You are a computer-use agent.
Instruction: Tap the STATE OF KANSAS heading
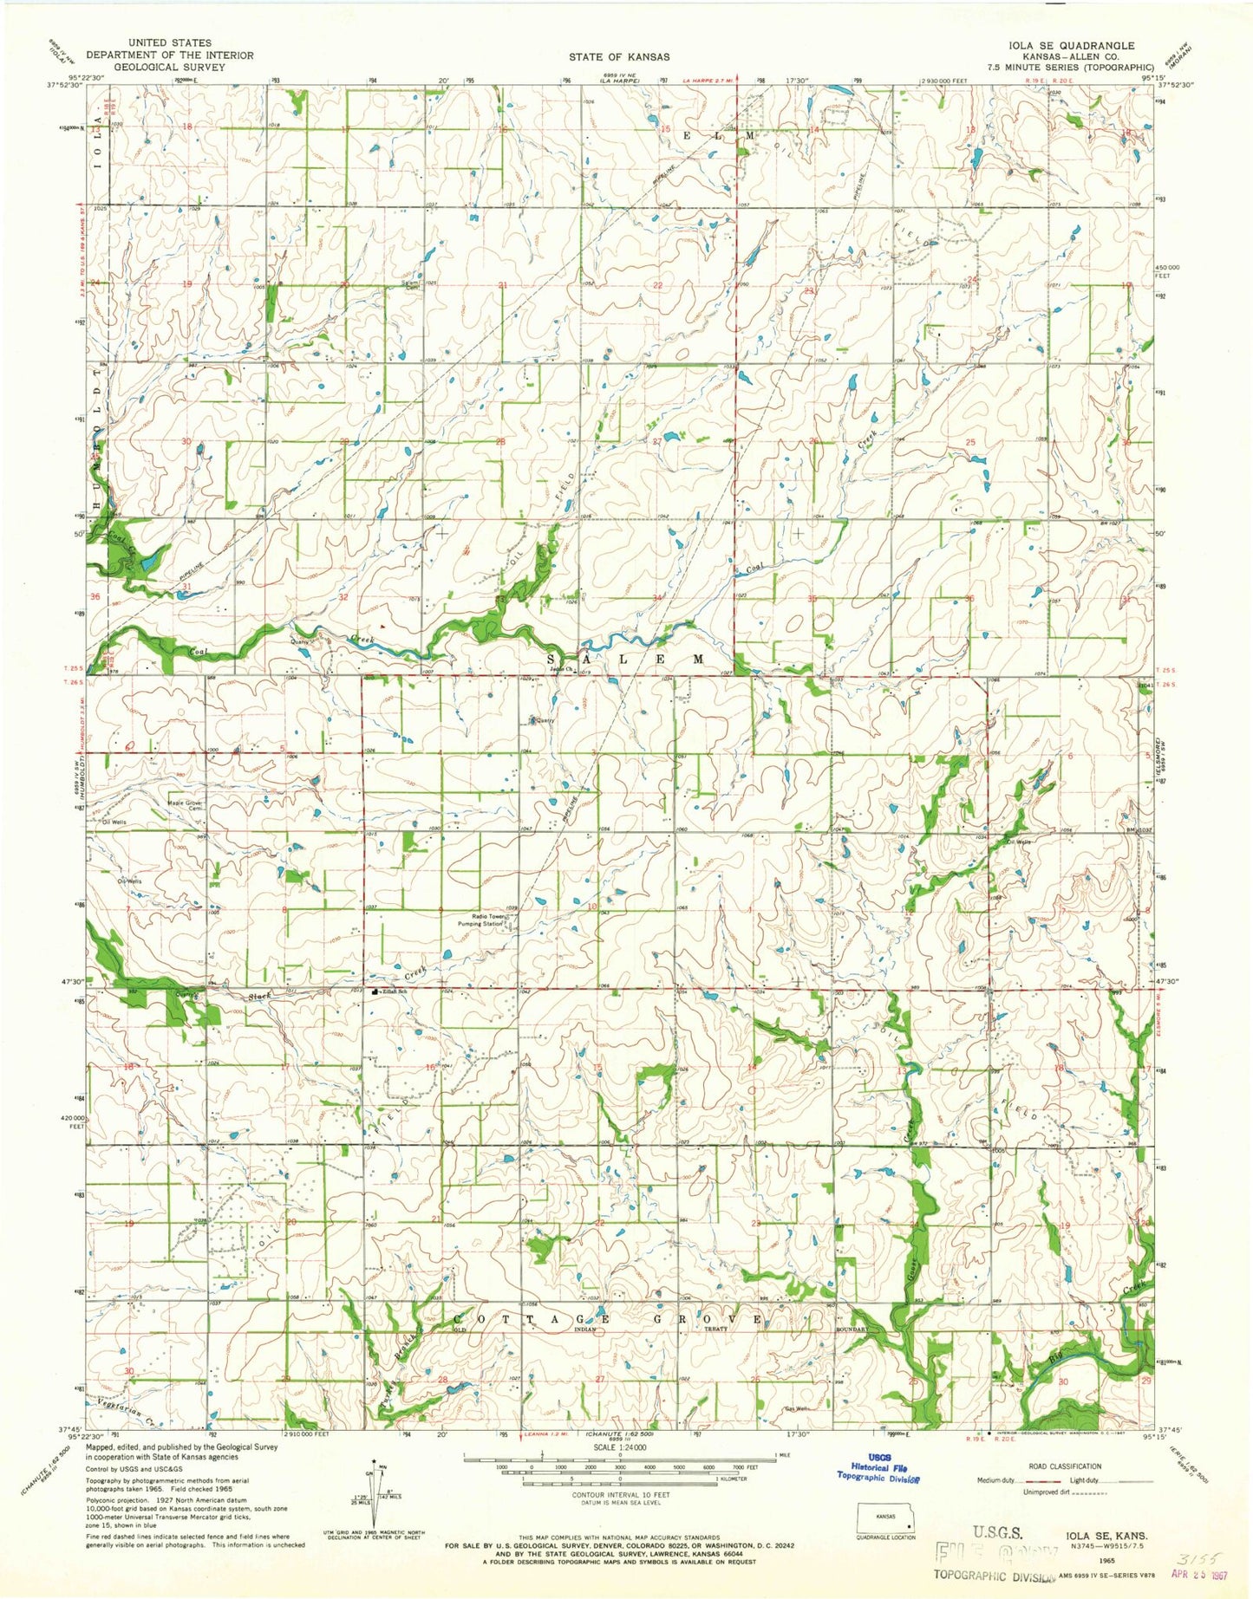point(618,56)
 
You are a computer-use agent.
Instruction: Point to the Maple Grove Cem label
point(184,806)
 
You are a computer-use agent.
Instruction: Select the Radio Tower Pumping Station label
point(487,920)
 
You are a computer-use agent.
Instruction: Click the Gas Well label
point(797,1408)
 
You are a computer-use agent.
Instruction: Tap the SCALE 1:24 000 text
point(618,1446)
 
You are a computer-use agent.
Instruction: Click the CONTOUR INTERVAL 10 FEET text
point(618,1495)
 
